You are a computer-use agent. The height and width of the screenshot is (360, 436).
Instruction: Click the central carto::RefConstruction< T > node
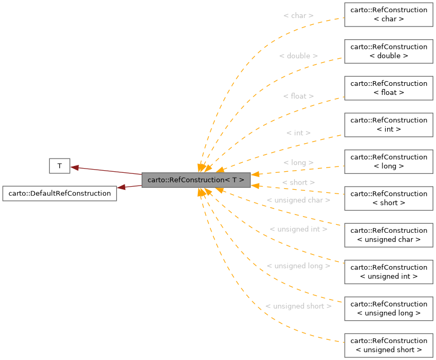point(196,180)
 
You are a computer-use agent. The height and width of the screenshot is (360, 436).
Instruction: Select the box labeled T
point(59,166)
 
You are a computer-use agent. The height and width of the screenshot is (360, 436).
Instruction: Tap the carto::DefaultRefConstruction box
point(59,193)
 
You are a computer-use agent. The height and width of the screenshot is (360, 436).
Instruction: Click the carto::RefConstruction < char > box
point(389,14)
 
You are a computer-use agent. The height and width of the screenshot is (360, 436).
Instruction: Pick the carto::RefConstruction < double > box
point(389,51)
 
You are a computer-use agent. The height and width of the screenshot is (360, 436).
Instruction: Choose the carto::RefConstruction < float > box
point(389,87)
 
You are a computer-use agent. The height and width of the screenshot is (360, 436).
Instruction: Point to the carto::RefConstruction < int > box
point(389,124)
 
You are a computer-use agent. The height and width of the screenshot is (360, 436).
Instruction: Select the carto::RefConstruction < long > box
point(389,161)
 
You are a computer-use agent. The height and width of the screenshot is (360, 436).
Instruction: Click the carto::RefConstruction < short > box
point(389,198)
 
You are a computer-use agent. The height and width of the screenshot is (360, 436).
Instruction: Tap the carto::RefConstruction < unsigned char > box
point(389,234)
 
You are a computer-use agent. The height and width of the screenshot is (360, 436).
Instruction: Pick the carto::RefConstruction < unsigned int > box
point(389,271)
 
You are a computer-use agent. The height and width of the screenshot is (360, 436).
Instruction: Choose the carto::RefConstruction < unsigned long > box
point(389,308)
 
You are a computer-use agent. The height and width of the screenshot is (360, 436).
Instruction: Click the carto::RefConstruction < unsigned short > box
point(389,345)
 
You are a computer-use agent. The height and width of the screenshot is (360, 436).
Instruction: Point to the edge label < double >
point(298,56)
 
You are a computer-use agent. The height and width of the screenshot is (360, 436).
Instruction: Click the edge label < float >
point(298,96)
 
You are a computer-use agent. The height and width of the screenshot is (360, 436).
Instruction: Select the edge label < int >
point(298,133)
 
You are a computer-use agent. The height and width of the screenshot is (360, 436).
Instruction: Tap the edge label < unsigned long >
point(298,266)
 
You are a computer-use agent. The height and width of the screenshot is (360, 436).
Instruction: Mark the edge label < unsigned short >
point(298,306)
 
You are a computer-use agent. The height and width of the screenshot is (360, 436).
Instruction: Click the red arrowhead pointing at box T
point(75,168)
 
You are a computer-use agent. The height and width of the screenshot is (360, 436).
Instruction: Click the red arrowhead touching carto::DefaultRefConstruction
point(121,188)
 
